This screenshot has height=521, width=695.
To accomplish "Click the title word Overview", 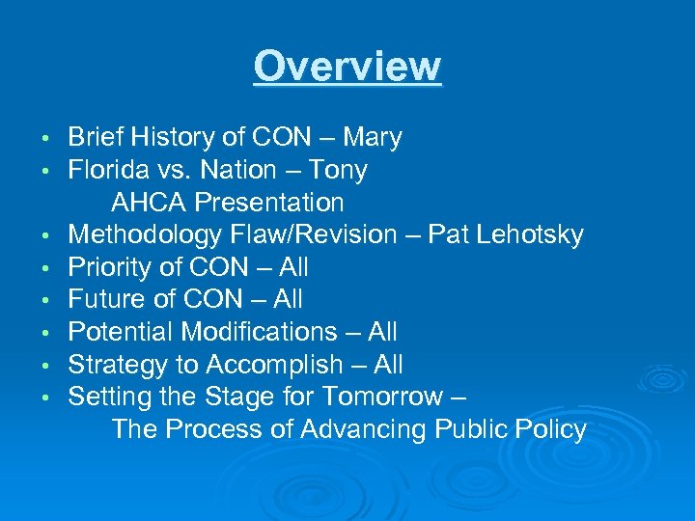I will (x=347, y=68).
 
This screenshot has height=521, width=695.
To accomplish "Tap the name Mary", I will (x=371, y=138).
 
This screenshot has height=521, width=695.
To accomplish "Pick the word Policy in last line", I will (x=551, y=429).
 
